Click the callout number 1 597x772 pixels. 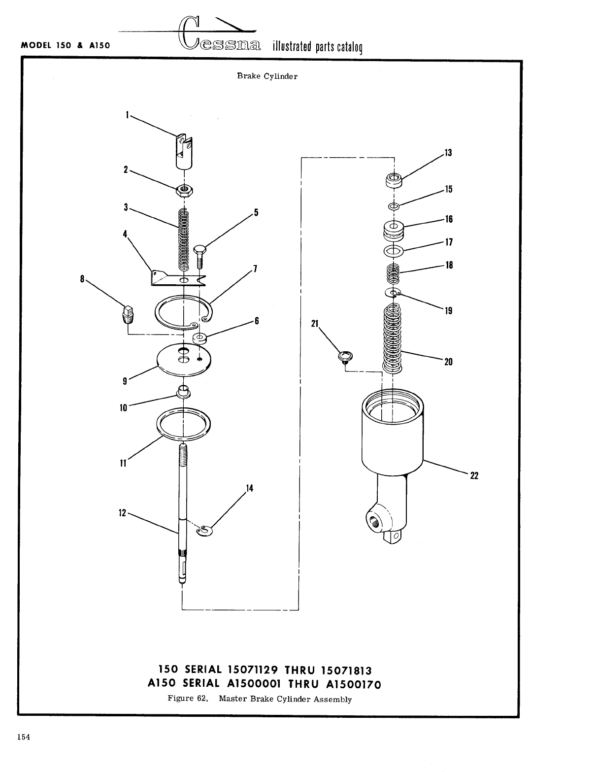coord(127,114)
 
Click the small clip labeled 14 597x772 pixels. coord(203,531)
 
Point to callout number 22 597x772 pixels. coord(474,475)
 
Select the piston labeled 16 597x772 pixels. coord(393,230)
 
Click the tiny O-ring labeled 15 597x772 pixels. coord(393,205)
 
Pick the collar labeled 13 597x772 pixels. coord(393,179)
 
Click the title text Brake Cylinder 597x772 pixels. coord(267,76)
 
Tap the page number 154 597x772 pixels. coord(24,737)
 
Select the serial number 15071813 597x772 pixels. coord(346,671)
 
